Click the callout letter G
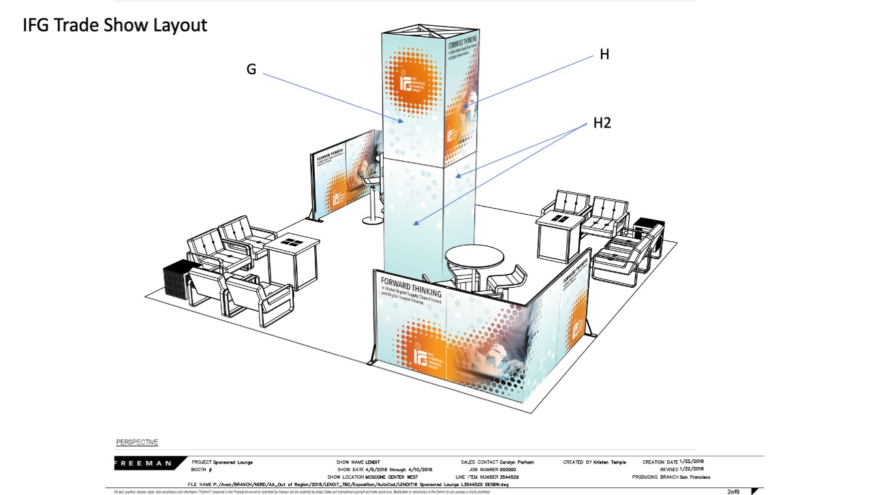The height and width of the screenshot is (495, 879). pos(251,69)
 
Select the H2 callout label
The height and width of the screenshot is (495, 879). pos(602,123)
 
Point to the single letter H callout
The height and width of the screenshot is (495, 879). pos(604,55)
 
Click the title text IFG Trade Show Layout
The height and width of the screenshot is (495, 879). pos(114,26)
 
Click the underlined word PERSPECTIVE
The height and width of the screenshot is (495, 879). pos(137,442)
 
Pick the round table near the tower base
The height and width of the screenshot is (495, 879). pos(475,260)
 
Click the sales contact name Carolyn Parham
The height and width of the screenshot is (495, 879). pos(517,462)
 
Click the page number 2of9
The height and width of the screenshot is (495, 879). pos(735,491)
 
